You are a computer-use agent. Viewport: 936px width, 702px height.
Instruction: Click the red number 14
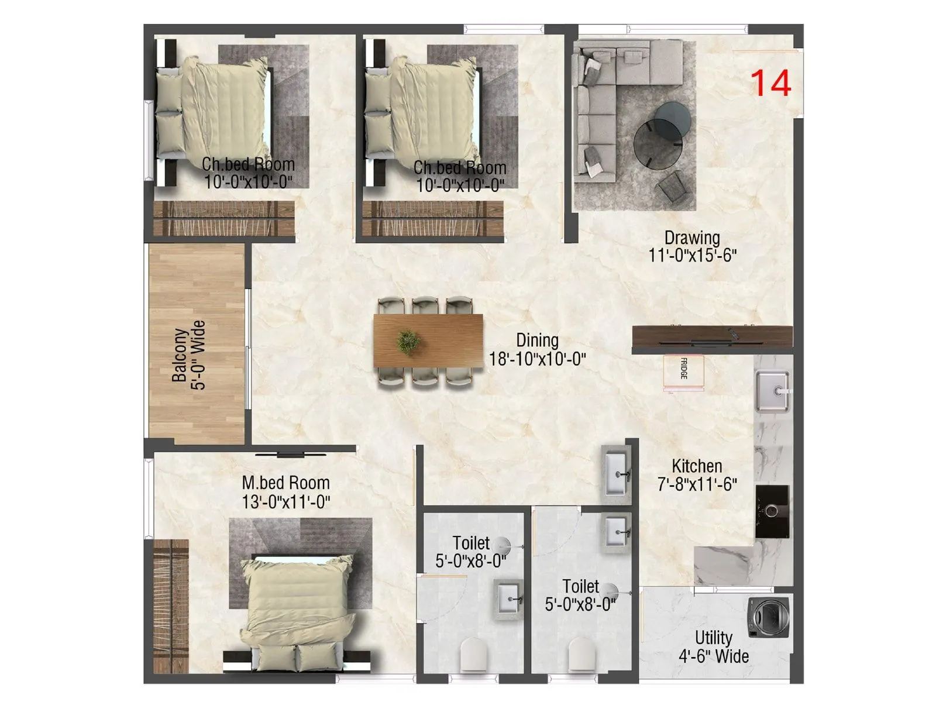point(770,83)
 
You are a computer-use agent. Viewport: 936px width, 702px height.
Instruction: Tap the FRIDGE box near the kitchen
point(683,371)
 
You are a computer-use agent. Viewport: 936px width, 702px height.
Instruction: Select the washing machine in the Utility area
point(769,617)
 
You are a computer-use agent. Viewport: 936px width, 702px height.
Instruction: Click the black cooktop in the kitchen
point(772,511)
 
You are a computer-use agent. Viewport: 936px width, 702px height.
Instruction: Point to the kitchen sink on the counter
point(772,391)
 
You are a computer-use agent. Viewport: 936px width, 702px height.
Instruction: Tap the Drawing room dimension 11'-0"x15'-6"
point(692,256)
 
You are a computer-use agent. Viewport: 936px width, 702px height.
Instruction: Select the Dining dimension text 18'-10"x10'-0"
point(537,359)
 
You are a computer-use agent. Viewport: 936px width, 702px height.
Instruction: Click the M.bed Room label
point(285,483)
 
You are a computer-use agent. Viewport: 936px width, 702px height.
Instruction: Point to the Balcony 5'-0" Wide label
point(189,355)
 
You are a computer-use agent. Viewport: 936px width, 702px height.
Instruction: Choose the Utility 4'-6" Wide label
point(713,646)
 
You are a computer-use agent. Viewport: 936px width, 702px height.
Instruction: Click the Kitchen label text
point(696,466)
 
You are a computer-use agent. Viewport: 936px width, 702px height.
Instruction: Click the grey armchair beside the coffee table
point(674,187)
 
